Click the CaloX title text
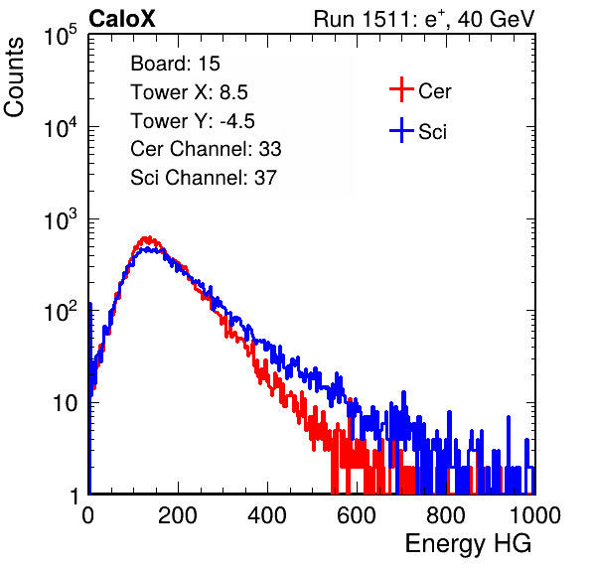(x=122, y=19)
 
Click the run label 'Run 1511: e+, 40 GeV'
(x=424, y=19)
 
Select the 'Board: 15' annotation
(x=175, y=64)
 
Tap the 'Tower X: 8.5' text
(x=189, y=92)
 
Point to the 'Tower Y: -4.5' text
(x=193, y=121)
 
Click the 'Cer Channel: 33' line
(x=206, y=149)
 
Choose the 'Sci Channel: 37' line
(x=204, y=178)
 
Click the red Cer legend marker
(x=401, y=89)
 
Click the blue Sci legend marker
(x=401, y=131)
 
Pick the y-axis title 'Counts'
(x=14, y=77)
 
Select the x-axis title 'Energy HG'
(x=469, y=544)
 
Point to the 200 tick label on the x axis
(x=178, y=515)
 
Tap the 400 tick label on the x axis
(x=267, y=515)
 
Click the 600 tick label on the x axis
(x=357, y=515)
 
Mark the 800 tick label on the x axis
(x=446, y=515)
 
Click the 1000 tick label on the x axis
(x=535, y=515)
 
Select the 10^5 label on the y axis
(x=61, y=36)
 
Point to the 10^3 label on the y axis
(x=61, y=219)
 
